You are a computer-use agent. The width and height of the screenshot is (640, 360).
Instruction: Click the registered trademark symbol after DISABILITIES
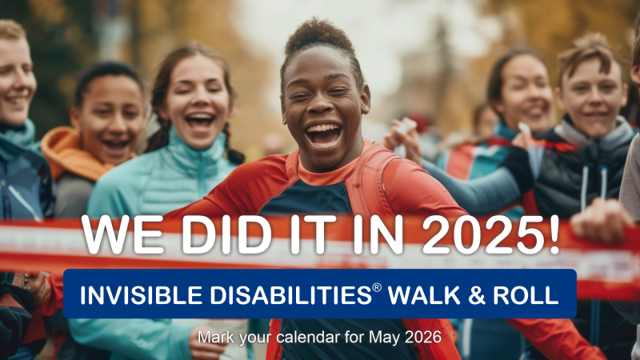pos(377,288)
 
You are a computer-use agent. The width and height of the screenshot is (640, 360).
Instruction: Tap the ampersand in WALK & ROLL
pos(477,295)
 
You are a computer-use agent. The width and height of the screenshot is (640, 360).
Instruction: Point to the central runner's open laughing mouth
pos(324,134)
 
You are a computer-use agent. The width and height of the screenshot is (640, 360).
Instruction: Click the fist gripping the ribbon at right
pos(600,221)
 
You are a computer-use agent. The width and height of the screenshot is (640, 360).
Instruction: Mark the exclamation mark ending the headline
pos(554,234)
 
